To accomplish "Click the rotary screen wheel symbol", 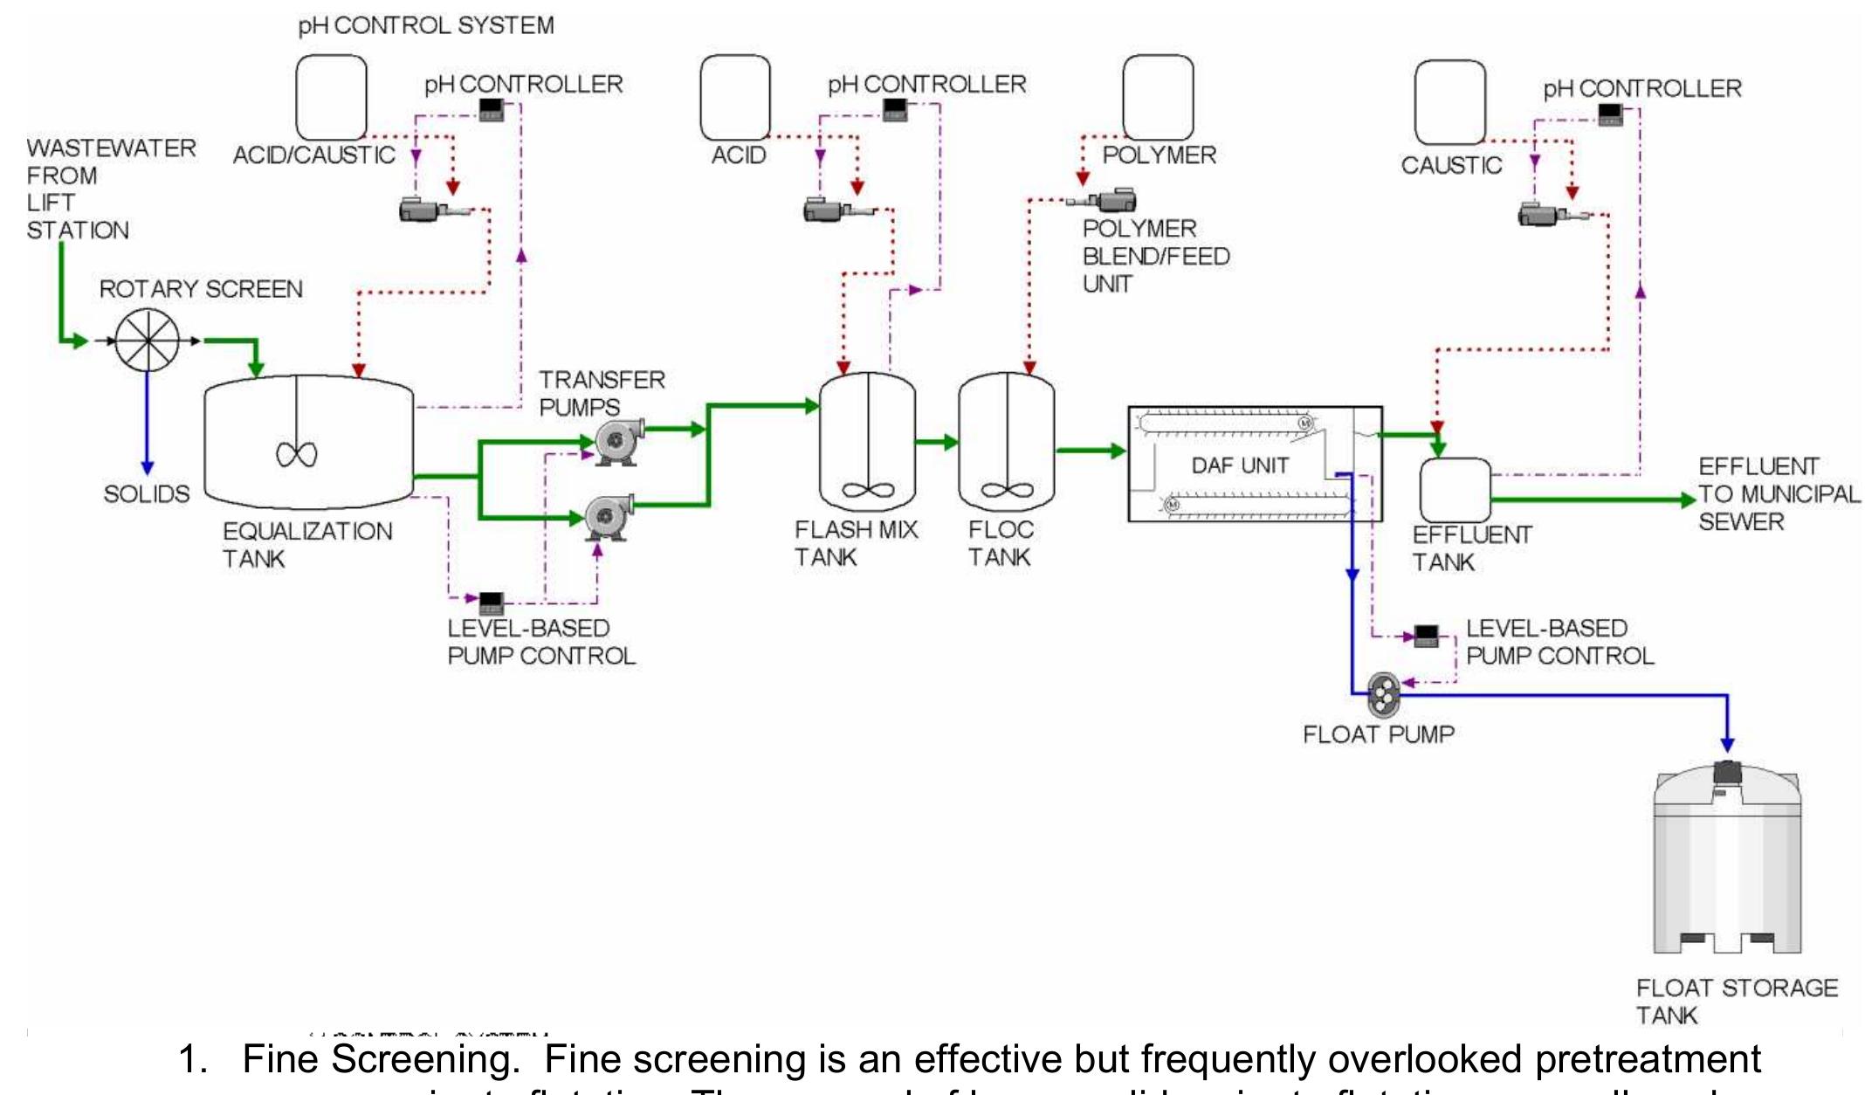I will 148,341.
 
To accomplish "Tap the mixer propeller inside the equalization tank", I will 297,454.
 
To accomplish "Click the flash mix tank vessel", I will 867,441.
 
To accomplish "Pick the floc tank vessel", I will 1006,441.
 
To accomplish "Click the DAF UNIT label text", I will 1240,465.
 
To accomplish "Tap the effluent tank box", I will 1455,491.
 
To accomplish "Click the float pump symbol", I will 1383,694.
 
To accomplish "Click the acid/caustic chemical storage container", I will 331,97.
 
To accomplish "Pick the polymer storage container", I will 1158,97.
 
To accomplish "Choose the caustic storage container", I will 1449,102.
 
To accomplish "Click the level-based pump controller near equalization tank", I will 492,602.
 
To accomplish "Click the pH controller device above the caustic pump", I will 1610,114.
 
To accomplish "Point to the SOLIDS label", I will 147,494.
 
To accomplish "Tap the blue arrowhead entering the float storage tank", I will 1726,744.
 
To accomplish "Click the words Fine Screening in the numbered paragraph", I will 379,1059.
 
